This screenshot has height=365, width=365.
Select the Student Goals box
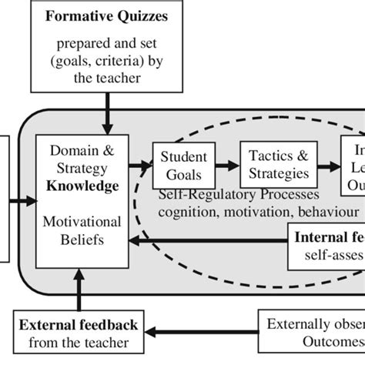(x=179, y=163)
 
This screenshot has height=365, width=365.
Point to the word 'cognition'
(x=188, y=210)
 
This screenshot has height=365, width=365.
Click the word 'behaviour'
(x=328, y=210)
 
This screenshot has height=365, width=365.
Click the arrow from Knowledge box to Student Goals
(x=139, y=163)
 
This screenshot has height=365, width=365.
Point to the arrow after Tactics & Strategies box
(x=326, y=163)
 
